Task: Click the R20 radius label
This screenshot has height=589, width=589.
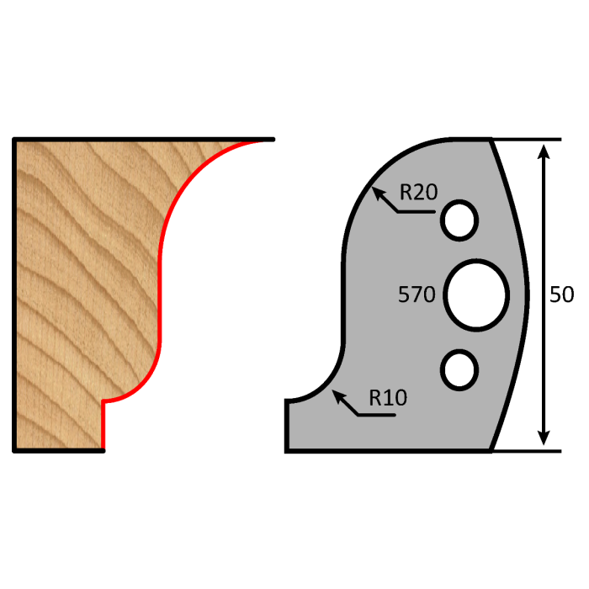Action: (x=417, y=192)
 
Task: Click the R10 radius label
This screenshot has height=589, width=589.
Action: (x=387, y=397)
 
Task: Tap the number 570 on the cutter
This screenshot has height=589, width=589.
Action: (x=417, y=294)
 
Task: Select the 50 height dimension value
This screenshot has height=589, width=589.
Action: (x=561, y=294)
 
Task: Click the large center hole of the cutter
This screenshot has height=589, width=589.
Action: (x=476, y=294)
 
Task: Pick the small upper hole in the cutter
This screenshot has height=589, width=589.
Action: (x=459, y=220)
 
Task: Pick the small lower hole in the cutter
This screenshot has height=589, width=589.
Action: (x=459, y=370)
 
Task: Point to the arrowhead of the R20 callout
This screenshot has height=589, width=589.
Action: (x=377, y=192)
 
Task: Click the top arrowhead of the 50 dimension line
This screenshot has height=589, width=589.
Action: (x=544, y=150)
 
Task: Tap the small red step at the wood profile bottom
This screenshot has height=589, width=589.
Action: (x=103, y=421)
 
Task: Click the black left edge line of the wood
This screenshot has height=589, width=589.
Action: (x=14, y=294)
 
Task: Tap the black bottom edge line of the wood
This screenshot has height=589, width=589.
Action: (x=59, y=451)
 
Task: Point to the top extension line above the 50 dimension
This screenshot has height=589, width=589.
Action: (x=526, y=139)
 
